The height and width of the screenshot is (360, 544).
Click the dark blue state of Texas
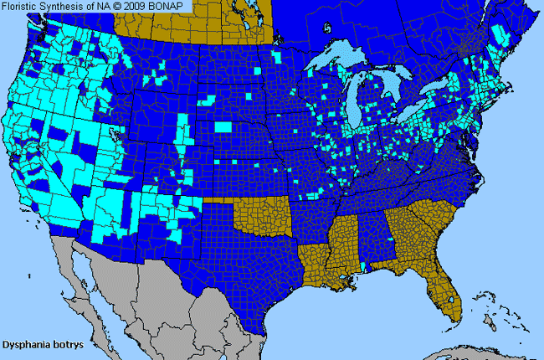pos(243,268)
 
